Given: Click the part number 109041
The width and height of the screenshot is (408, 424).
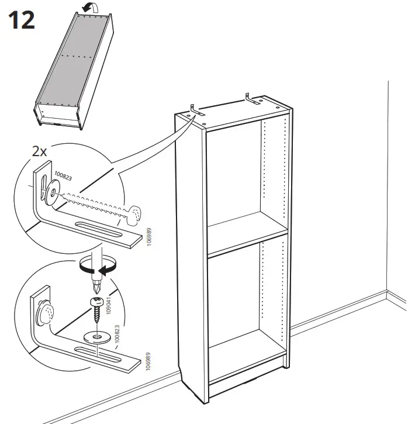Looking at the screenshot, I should coord(109,308).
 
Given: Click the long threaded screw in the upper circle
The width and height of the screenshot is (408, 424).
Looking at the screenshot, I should coord(99,206).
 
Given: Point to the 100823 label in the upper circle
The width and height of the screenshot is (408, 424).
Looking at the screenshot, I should coord(63,176).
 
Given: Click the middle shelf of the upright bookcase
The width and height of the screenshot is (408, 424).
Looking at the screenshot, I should coord(248,239).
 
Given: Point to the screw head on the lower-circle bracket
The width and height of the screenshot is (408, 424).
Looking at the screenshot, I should coord(44,316).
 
